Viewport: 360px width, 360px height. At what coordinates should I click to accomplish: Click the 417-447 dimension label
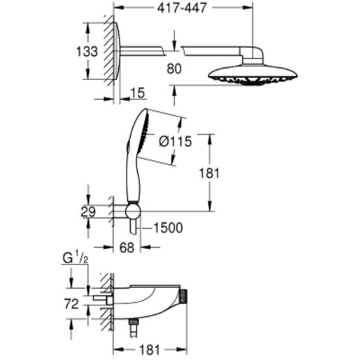(182, 8)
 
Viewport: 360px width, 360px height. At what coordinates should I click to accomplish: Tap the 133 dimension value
(87, 51)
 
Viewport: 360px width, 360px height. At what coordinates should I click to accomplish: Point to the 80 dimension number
(174, 69)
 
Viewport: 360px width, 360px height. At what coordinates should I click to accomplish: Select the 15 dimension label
(138, 93)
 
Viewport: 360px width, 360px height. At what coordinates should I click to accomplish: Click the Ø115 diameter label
(175, 141)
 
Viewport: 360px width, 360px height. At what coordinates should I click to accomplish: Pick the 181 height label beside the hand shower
(209, 173)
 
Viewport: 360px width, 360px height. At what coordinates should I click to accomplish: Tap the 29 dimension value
(88, 212)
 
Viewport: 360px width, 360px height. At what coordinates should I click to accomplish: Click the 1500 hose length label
(168, 228)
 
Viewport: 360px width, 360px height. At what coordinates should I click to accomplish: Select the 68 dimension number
(127, 248)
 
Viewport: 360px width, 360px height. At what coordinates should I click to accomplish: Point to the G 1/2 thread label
(75, 258)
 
